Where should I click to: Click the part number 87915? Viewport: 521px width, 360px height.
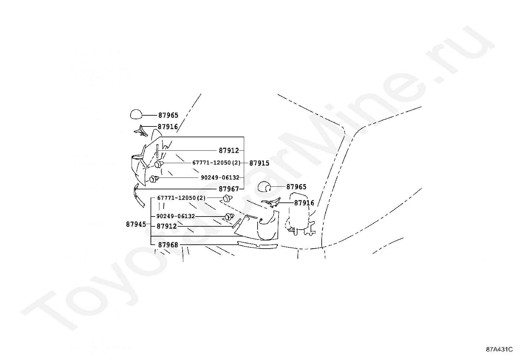tap(259, 163)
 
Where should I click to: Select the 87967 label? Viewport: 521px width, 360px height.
tap(229, 189)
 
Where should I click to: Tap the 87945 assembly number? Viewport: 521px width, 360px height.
tap(136, 224)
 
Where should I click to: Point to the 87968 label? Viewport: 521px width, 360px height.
tap(168, 245)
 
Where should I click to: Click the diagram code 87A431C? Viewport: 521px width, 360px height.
tap(499, 349)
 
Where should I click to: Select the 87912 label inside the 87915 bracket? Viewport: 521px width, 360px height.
tap(229, 151)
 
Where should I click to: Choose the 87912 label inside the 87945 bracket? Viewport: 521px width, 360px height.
tap(167, 226)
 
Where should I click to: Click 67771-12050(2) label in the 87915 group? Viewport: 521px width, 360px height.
tap(216, 163)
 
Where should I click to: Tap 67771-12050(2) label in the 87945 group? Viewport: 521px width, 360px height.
tap(181, 198)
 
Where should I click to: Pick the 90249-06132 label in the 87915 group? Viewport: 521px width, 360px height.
tap(220, 178)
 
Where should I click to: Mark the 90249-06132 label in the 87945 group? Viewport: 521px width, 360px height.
tap(176, 216)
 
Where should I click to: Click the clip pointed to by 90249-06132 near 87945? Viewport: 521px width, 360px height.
tap(229, 217)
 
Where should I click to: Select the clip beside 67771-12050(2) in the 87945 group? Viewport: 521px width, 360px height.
tap(228, 198)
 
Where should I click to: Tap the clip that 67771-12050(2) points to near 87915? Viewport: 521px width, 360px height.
tap(159, 164)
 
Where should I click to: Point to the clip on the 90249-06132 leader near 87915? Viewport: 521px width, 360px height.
tap(154, 179)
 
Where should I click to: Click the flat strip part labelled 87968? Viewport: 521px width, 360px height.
tap(258, 244)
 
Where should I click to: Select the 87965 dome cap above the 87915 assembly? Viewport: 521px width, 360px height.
tap(136, 114)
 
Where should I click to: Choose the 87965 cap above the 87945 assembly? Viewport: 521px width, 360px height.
tap(263, 187)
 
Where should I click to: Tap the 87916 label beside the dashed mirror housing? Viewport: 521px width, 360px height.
tap(304, 203)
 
